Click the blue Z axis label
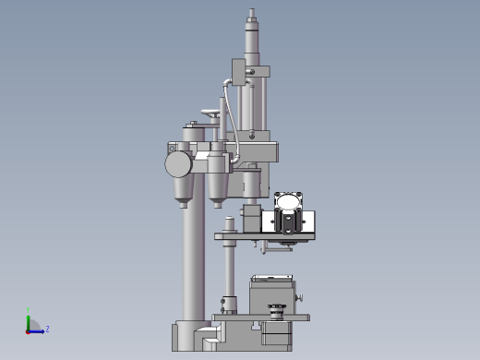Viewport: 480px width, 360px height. point(47,329)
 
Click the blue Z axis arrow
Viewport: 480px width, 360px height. point(38,330)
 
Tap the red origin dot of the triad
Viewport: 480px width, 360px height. point(29,330)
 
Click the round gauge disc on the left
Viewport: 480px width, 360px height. point(178,164)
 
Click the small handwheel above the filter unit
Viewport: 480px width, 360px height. point(212,115)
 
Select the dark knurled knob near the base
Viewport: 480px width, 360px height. point(275,306)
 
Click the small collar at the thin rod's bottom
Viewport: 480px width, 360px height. point(228,302)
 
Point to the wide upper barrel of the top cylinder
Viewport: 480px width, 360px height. point(251,42)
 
